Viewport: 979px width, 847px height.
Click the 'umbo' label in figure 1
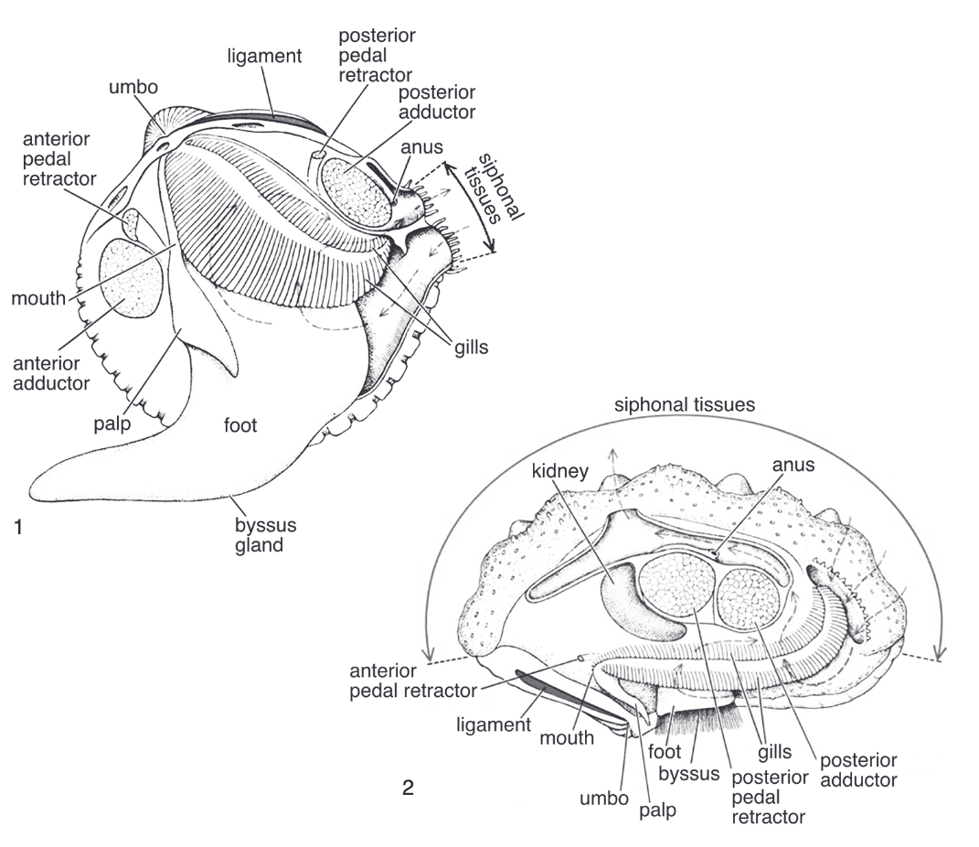point(133,88)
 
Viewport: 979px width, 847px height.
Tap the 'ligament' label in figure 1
point(264,57)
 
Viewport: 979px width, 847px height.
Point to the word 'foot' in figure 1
point(240,425)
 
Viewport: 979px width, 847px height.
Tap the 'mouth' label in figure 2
point(567,737)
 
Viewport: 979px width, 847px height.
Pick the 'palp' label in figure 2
point(656,809)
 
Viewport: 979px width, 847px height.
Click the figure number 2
point(409,786)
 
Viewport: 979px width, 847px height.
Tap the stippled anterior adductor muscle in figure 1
point(132,278)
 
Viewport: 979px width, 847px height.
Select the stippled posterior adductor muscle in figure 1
point(357,192)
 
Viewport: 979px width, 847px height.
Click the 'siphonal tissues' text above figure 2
point(685,404)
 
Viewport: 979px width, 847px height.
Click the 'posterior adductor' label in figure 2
point(858,770)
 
